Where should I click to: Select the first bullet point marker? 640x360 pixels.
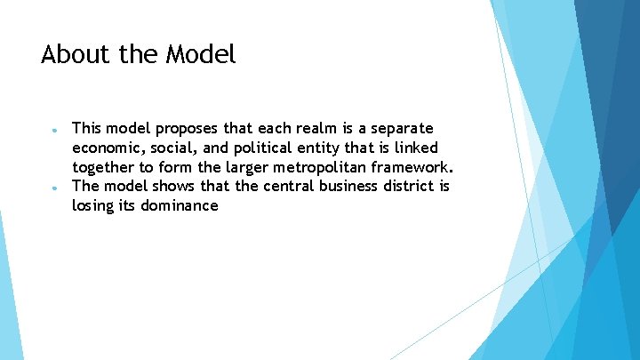[x=55, y=130]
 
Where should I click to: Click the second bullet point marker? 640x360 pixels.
[x=55, y=188]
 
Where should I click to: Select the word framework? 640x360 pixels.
[x=413, y=167]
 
